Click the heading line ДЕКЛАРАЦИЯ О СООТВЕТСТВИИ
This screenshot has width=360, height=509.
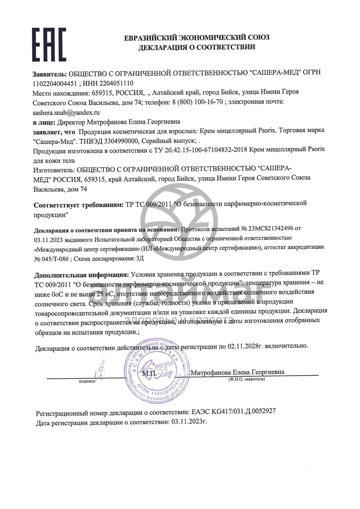click(x=196, y=47)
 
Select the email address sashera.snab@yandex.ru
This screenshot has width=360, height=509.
click(x=66, y=112)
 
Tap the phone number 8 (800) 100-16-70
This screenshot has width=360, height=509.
click(x=197, y=102)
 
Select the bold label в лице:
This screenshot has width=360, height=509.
click(x=44, y=122)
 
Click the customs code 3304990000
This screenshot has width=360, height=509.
click(x=118, y=141)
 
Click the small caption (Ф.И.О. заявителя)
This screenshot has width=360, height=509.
click(x=246, y=378)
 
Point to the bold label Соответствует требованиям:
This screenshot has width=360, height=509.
click(x=79, y=205)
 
